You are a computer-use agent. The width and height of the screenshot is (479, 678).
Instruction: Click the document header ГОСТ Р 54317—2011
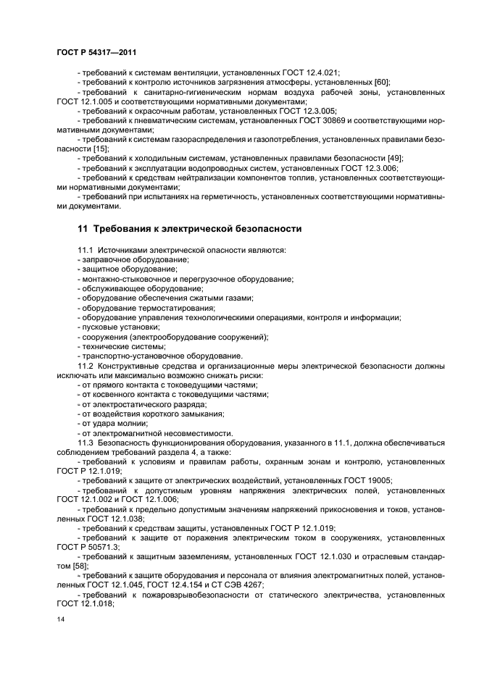point(96,53)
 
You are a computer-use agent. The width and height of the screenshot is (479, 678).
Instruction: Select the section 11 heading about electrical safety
point(189,229)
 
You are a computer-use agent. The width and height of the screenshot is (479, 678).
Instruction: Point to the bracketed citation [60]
point(381,83)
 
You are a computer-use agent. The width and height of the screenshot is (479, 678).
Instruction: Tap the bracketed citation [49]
point(394,157)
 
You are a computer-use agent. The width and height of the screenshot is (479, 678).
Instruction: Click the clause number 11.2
point(86,366)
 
